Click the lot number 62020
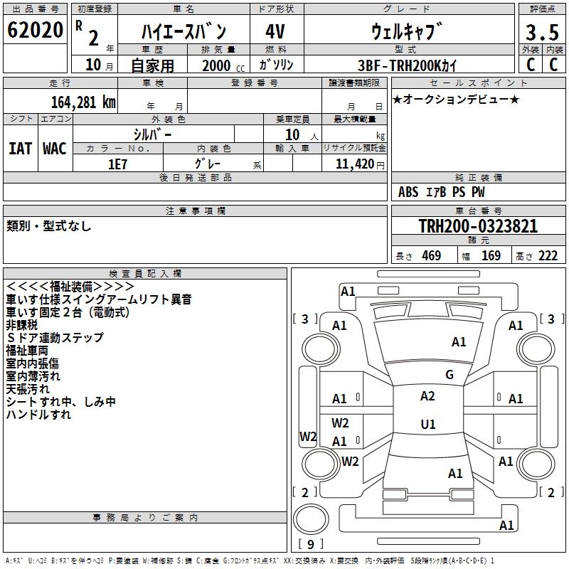coord(35,31)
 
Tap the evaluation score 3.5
coord(541,33)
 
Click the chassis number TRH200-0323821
coord(478,226)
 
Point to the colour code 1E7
coord(117,163)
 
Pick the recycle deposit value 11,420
coord(355,164)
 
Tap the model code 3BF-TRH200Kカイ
coord(408,65)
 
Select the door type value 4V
coord(276,31)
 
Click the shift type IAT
coord(20,148)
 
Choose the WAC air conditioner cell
coord(54,148)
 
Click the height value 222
coord(548,256)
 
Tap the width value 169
coord(491,256)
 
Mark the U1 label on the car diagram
coord(427,425)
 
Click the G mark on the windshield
coord(449,375)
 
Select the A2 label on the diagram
coord(427,396)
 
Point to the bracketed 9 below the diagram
coord(310,544)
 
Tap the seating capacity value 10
coord(292,134)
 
